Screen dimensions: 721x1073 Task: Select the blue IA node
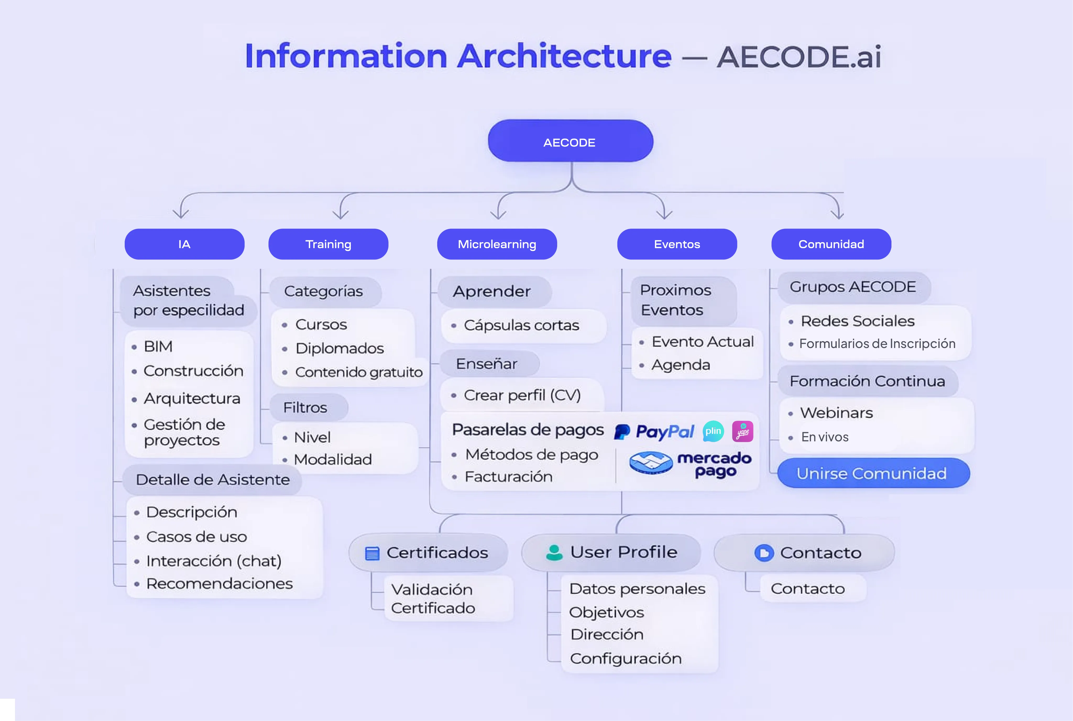point(184,244)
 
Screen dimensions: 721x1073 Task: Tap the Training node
point(328,244)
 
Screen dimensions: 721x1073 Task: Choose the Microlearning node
point(497,244)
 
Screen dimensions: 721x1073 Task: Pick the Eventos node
point(677,244)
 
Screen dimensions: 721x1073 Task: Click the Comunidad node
point(831,244)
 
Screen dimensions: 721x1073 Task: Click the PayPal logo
point(654,432)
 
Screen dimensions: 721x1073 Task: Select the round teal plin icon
point(713,431)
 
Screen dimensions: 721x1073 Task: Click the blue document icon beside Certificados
point(372,553)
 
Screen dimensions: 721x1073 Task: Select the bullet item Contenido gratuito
point(358,372)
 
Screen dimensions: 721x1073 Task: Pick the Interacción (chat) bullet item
point(214,561)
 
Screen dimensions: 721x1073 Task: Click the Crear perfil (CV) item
point(522,395)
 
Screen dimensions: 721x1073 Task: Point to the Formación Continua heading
point(867,381)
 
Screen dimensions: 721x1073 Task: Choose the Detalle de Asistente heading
point(213,480)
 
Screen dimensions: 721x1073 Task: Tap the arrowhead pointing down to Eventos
point(664,214)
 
